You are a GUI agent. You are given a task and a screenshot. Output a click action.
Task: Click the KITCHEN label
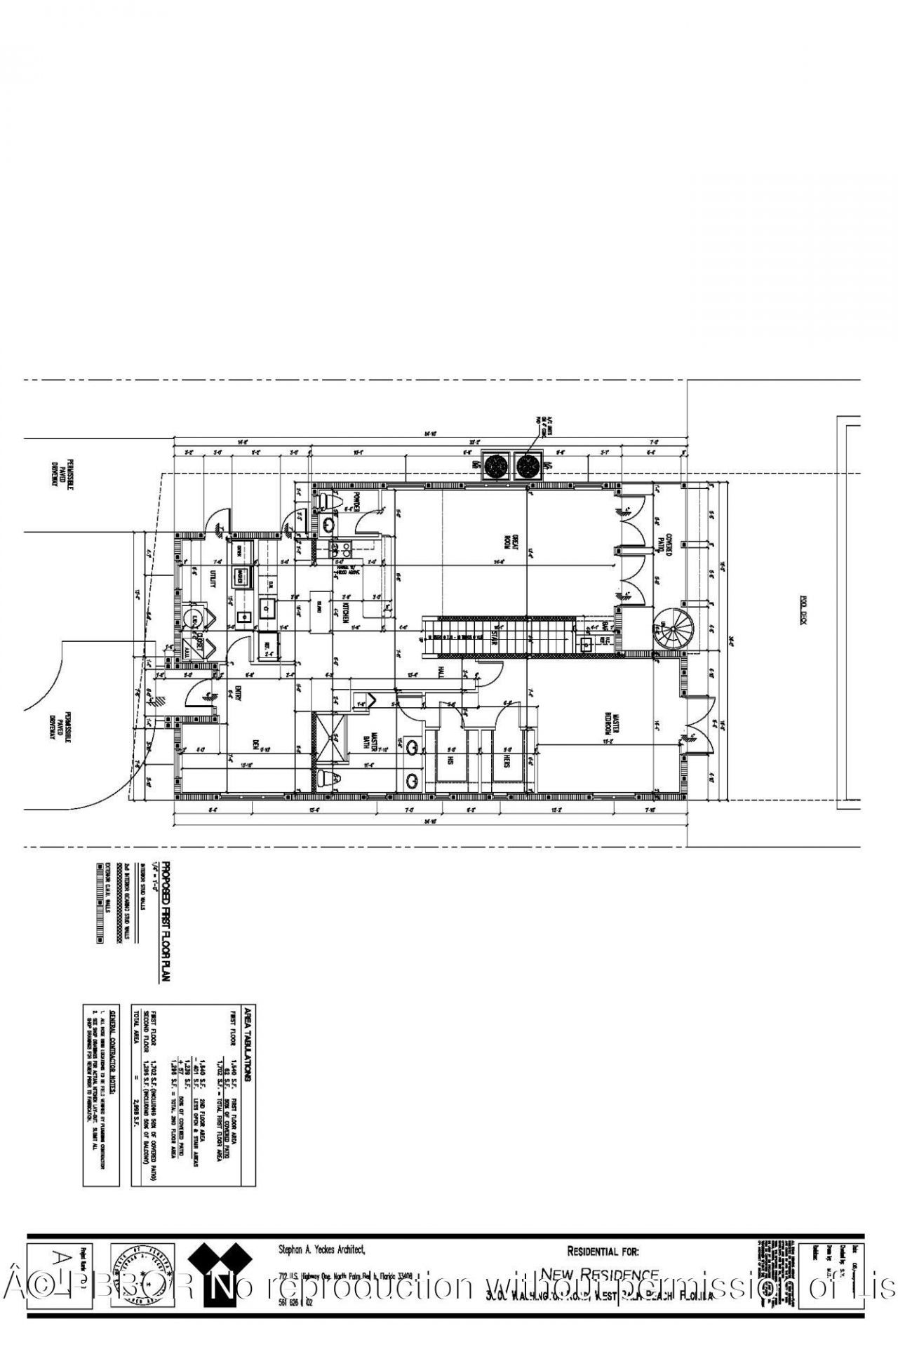[x=346, y=615]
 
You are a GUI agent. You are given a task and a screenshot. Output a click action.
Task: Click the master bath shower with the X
[x=329, y=739]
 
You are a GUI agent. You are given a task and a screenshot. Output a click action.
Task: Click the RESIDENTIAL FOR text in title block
[x=603, y=1251]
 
